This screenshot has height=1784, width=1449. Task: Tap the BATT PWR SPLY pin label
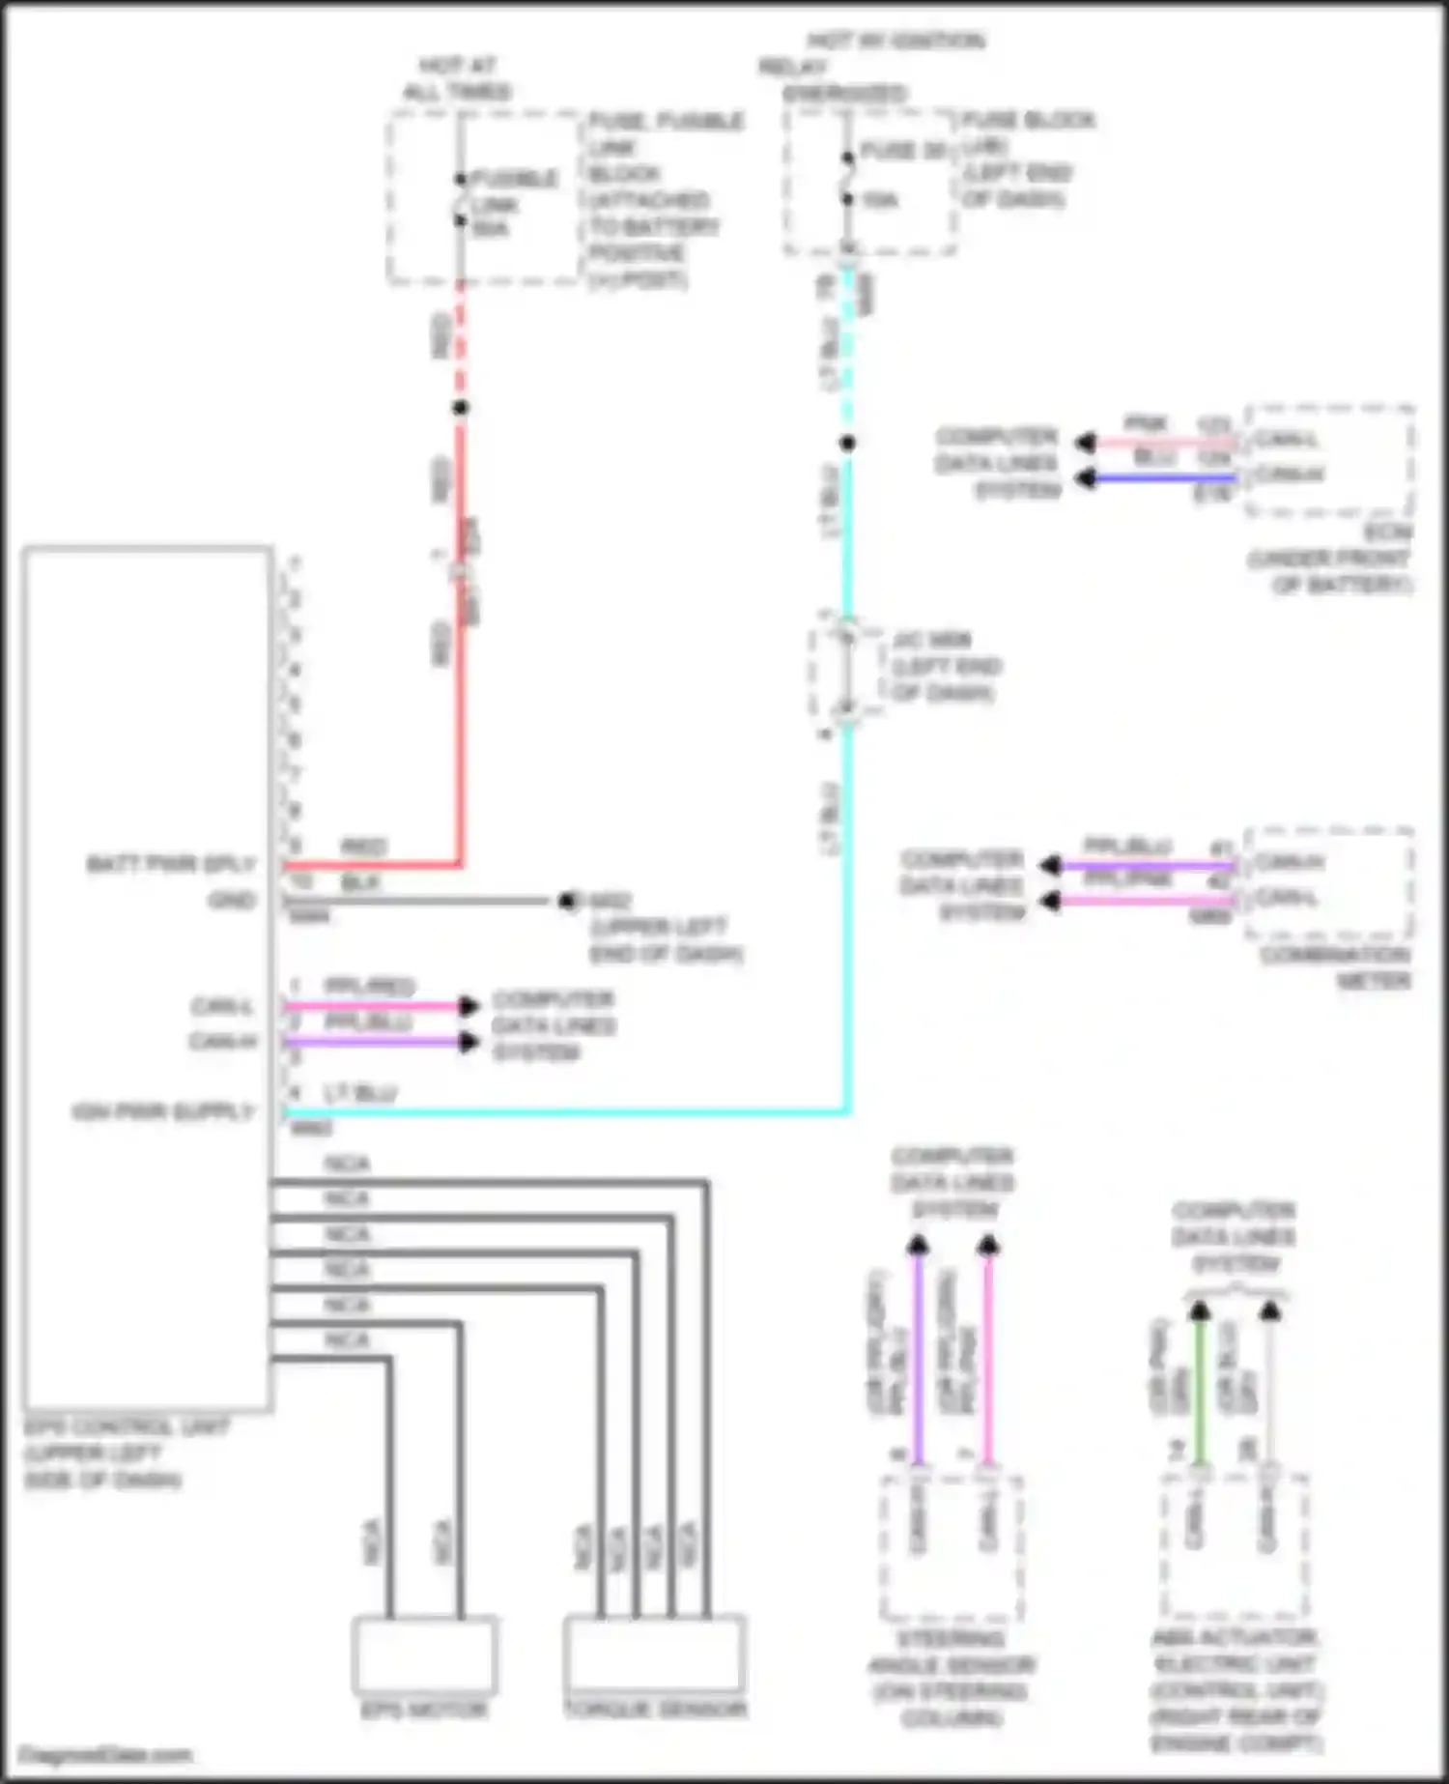171,864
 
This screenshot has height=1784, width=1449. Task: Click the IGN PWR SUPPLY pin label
162,1112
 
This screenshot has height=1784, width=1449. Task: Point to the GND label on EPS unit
232,901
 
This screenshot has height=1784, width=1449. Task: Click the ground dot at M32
567,901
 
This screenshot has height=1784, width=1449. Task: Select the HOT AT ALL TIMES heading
457,79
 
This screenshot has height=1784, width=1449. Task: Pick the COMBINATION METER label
1336,967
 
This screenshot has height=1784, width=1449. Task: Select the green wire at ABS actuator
1200,1392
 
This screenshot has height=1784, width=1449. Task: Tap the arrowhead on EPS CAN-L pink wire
468,1006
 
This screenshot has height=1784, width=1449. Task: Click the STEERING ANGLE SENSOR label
952,1678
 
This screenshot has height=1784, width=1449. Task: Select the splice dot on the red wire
461,408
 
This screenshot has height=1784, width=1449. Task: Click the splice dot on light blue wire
847,444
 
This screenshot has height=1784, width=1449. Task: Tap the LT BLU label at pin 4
359,1093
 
